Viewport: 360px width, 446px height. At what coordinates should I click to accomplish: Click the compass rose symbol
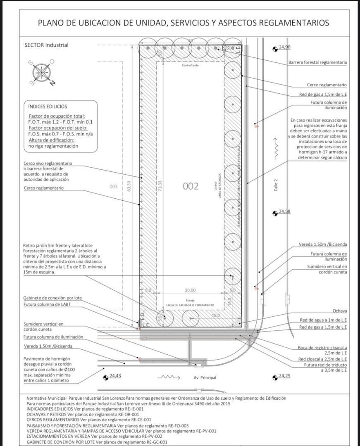42,72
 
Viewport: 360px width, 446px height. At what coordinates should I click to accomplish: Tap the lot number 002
191,186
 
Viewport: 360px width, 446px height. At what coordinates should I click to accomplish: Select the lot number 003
114,187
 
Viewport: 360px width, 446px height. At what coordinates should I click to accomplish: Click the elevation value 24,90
284,47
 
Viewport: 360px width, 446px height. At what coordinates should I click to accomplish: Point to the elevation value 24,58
284,211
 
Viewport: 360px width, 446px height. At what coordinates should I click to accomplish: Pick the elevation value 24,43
115,375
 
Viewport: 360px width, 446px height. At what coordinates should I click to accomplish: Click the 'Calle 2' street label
276,184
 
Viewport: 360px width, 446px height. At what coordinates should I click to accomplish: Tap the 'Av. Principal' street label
205,377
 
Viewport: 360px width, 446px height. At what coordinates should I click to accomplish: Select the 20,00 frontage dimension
190,290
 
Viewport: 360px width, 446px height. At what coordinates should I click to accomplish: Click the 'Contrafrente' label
190,65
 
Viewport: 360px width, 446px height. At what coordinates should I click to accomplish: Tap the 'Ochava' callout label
339,311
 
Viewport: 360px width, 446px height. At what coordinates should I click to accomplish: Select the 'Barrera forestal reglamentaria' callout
317,62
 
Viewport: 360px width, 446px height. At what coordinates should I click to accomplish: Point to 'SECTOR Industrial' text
46,45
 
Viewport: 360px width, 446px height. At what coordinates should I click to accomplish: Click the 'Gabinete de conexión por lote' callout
52,298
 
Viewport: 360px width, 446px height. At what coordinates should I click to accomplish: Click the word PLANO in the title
52,23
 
